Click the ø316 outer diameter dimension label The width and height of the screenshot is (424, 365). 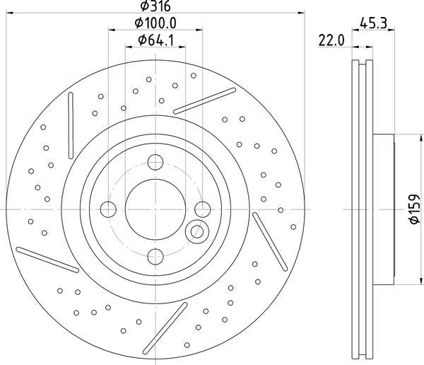click(x=155, y=6)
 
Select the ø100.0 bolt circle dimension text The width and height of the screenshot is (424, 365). click(x=155, y=23)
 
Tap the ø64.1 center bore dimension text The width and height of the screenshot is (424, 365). click(x=155, y=40)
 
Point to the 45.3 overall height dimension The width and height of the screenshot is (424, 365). click(x=373, y=23)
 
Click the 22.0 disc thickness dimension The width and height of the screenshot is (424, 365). click(x=331, y=41)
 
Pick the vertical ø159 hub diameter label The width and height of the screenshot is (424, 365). click(x=415, y=209)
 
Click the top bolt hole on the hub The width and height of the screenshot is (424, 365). click(x=155, y=162)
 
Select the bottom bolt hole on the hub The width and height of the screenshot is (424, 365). click(x=155, y=257)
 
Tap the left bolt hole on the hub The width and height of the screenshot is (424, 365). click(x=108, y=209)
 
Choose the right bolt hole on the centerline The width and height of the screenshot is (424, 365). click(x=203, y=209)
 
